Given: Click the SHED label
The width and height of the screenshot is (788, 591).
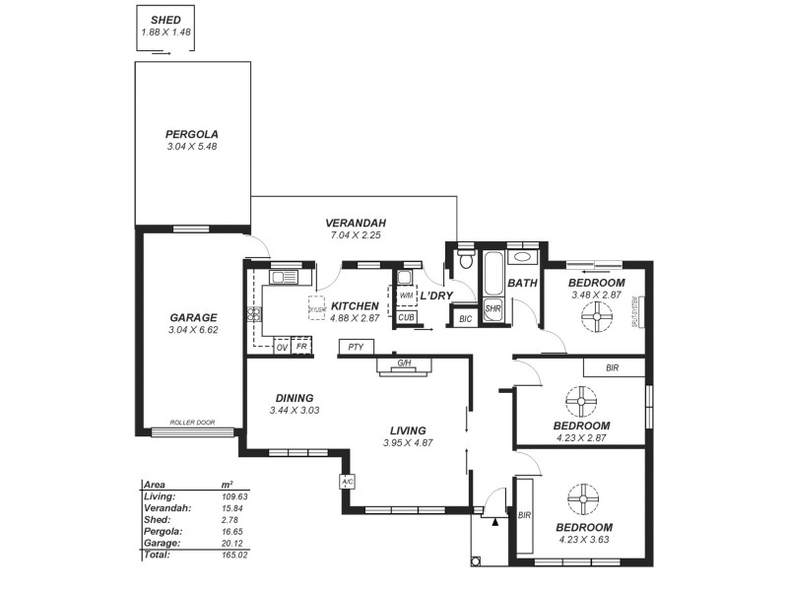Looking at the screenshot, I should click(x=164, y=20).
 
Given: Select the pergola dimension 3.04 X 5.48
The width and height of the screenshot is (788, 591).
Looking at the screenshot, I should click(x=192, y=147).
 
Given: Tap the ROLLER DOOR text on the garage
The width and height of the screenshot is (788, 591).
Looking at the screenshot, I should click(x=192, y=422).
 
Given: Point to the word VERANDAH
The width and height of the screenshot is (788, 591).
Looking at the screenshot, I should click(x=355, y=223).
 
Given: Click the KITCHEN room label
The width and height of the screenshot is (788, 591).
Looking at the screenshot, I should click(x=355, y=306).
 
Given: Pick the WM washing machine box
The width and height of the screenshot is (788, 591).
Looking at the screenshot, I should click(x=406, y=295).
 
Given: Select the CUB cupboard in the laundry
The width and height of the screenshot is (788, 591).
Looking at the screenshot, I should click(x=406, y=317).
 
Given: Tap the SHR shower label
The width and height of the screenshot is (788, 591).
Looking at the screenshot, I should click(x=493, y=309).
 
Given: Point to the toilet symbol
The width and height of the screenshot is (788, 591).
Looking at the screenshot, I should click(x=466, y=261).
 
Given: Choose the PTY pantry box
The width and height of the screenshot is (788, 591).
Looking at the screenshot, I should click(x=355, y=348).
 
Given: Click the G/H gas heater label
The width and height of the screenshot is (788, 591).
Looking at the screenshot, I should click(x=404, y=363).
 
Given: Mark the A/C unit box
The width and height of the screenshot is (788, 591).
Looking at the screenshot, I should click(x=347, y=482).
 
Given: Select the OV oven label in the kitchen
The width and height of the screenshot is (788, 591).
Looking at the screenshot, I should click(x=281, y=348).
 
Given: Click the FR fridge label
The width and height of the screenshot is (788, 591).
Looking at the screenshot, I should click(x=301, y=348).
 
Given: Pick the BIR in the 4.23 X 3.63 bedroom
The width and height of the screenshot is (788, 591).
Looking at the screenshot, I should click(x=524, y=515).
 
